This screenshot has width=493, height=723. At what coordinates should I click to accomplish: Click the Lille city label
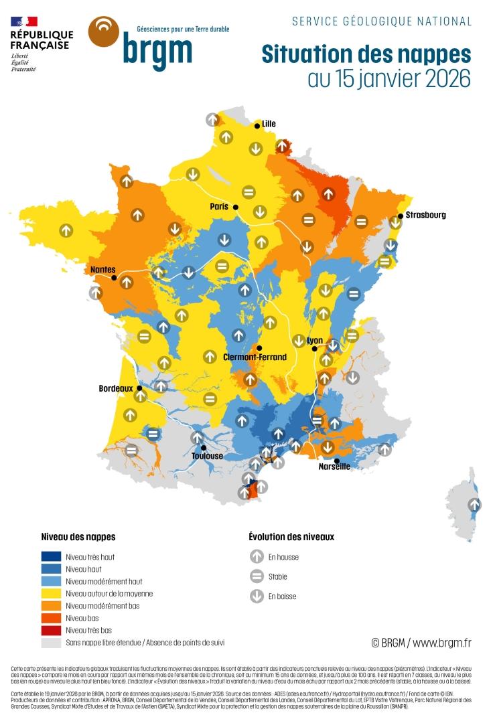point(269,124)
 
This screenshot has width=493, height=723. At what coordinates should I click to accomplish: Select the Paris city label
point(219,207)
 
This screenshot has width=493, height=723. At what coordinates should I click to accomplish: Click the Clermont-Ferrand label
point(255,357)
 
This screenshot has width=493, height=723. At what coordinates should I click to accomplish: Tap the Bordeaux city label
point(117,388)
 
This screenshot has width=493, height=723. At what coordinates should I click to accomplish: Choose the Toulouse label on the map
point(207,456)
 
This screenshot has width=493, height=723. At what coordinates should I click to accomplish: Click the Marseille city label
point(334,467)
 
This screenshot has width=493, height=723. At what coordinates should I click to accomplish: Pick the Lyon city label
point(315,341)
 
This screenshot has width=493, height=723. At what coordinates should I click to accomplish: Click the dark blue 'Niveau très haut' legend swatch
point(51,556)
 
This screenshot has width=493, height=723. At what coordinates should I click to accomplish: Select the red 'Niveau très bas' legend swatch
point(51,630)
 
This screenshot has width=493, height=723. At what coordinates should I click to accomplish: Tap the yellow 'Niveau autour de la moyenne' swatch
point(51,593)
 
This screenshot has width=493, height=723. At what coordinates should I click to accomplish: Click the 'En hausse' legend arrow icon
point(257,556)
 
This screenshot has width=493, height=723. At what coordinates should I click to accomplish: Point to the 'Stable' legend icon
point(257,576)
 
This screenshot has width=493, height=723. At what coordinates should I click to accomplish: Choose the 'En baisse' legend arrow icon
point(257,596)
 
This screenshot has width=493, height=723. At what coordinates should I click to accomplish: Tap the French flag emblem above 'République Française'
point(23,21)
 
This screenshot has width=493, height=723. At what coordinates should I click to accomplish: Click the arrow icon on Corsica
point(474,505)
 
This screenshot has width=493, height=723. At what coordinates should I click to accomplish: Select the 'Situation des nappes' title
point(366,54)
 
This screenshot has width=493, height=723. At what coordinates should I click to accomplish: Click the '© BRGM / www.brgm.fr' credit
point(421,643)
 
